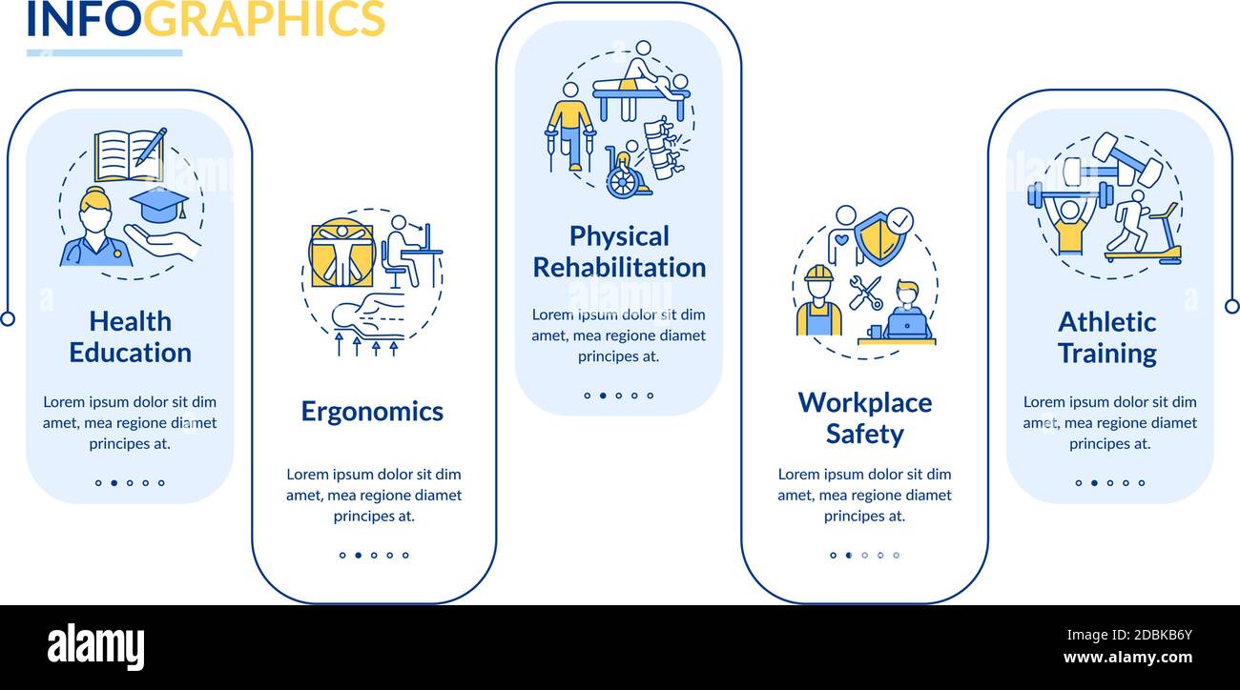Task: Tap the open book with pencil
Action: pos(131,155)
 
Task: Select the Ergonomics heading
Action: pos(372,412)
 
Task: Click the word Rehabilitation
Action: pos(619,268)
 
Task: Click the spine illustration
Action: pos(663,148)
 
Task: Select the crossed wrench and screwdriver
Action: pos(866,293)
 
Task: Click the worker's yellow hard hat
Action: pos(818,274)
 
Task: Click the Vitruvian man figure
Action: pos(342,254)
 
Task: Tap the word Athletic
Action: pos(1106,322)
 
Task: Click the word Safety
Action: pos(864,434)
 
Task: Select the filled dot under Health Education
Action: pos(114,482)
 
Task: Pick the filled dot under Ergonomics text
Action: pos(358,555)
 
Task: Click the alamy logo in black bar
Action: pos(95,646)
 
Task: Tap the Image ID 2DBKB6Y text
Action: pos(1129,635)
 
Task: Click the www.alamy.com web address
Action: pos(1127,658)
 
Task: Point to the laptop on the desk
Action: pos(907,325)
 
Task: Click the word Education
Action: pos(130,353)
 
